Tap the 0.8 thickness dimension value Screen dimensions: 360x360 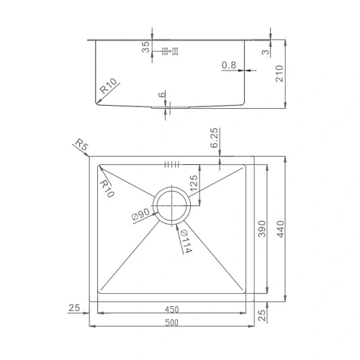(x=229, y=66)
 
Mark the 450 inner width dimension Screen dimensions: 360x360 (x=171, y=309)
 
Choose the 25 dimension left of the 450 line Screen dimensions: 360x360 (x=74, y=308)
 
